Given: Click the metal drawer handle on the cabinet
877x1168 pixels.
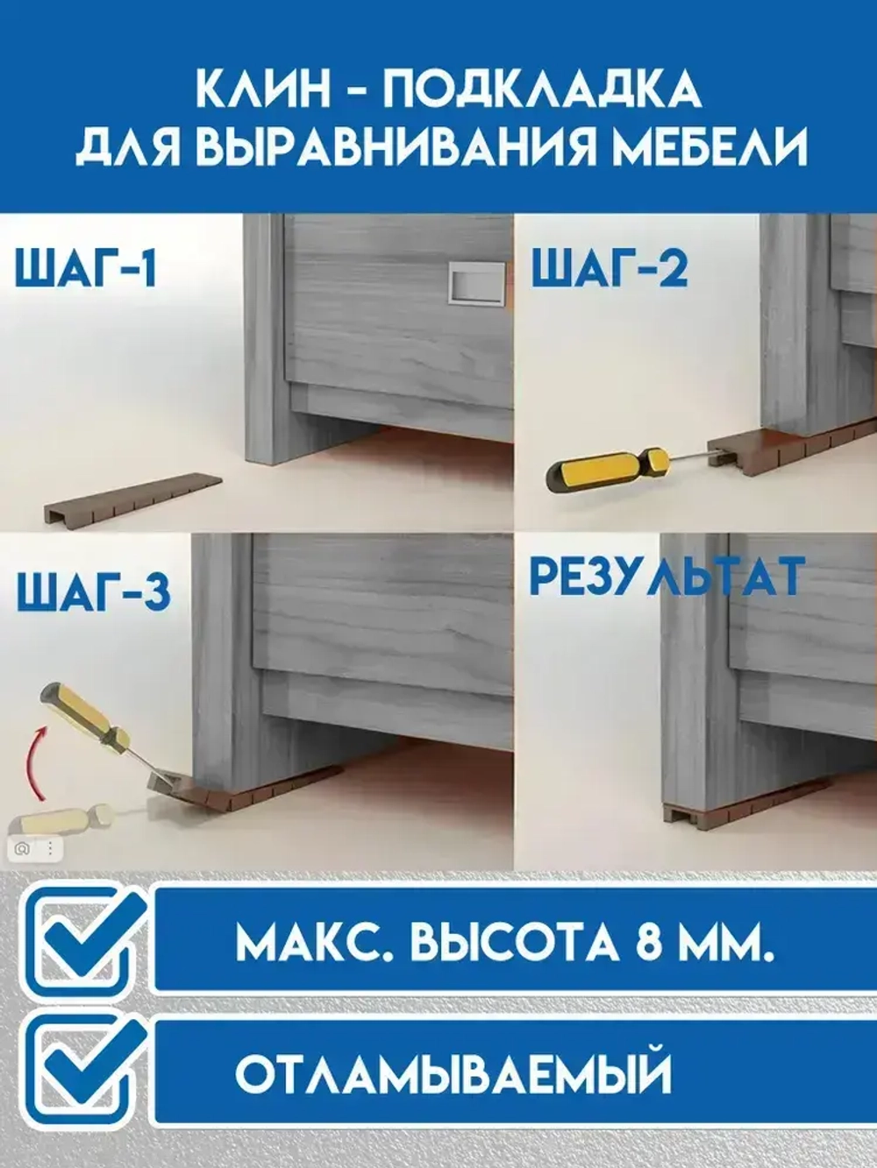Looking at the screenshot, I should click(x=476, y=284).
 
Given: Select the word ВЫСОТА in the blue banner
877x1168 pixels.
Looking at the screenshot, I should click(x=514, y=943).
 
